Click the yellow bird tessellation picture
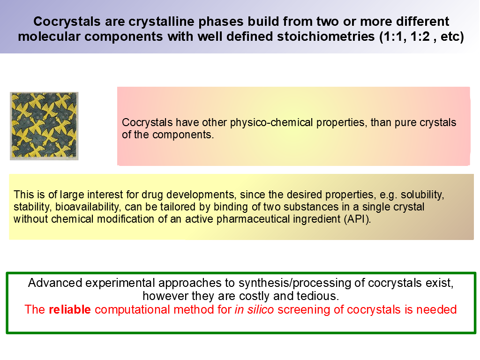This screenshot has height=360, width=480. pos(44,126)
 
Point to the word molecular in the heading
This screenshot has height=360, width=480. pos(49,37)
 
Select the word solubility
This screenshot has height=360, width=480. pos(422,195)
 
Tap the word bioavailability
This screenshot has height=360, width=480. pos(87,207)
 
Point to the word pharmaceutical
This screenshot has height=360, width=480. pos(253,219)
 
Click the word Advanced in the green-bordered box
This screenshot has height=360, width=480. pos(55,283)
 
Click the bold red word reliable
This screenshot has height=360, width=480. pos(70,309)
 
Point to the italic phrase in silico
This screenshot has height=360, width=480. pos(254,309)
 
